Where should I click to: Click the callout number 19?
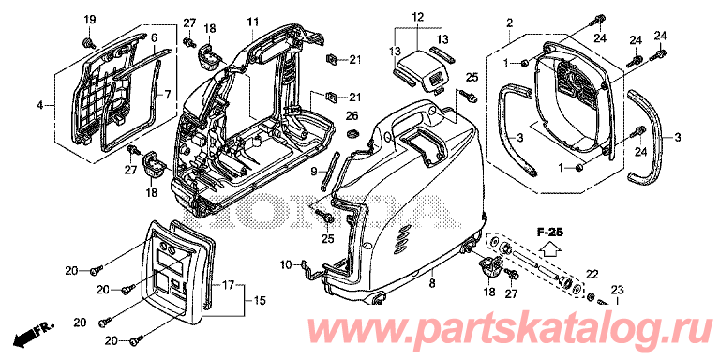pyautogui.click(x=90, y=21)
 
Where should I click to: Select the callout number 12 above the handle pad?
pyautogui.click(x=417, y=18)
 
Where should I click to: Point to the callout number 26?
pyautogui.click(x=353, y=115)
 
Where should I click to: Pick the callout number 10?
pyautogui.click(x=286, y=266)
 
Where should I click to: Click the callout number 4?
pyautogui.click(x=39, y=106)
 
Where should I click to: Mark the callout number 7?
pyautogui.click(x=168, y=95)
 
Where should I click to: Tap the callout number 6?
pyautogui.click(x=154, y=37)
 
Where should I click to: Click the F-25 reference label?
pyautogui.click(x=551, y=231)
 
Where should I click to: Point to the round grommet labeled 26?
pyautogui.click(x=353, y=133)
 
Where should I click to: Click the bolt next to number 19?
pyautogui.click(x=88, y=42)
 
